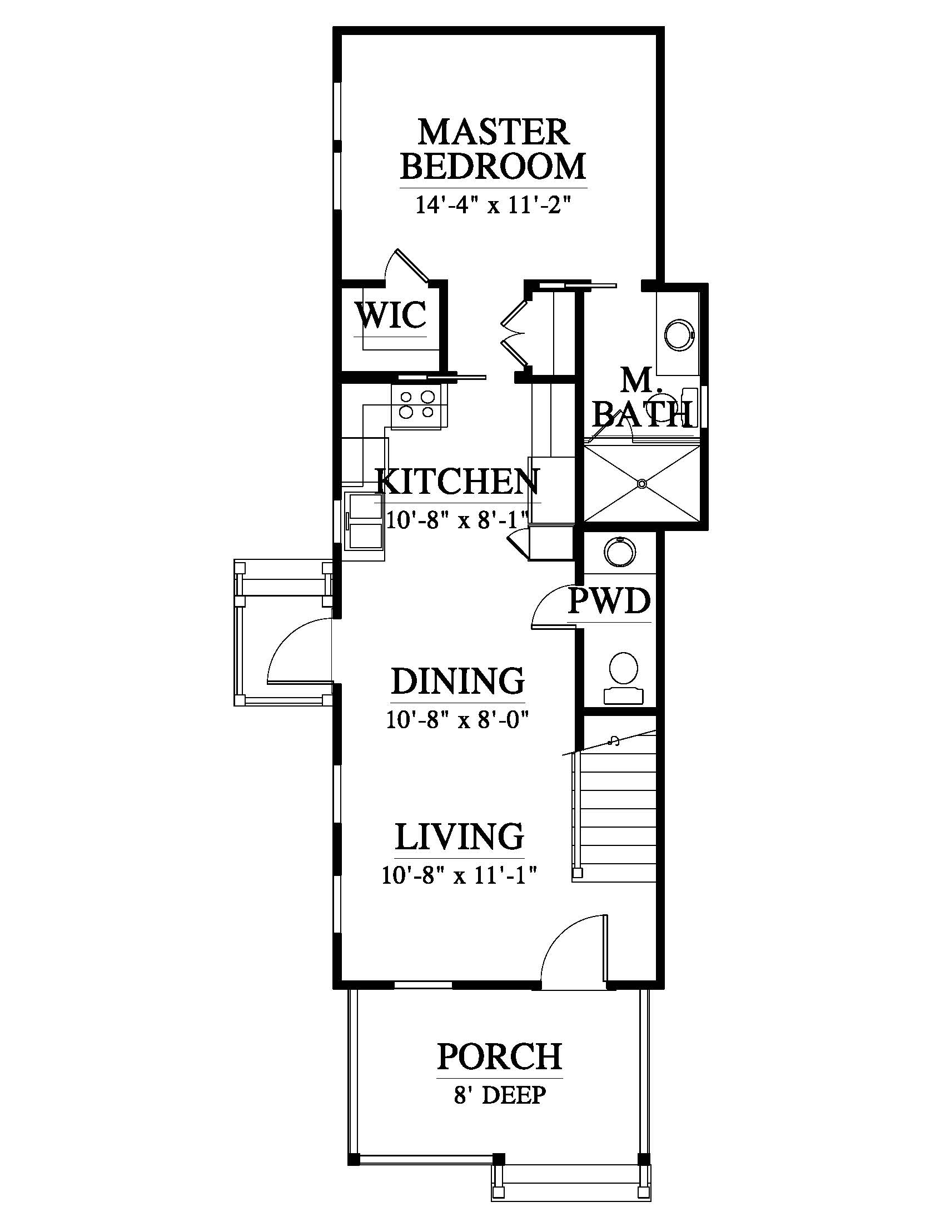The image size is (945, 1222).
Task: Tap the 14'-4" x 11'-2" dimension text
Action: (x=493, y=205)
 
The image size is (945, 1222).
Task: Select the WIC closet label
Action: (x=391, y=314)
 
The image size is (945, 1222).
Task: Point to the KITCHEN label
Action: (x=457, y=482)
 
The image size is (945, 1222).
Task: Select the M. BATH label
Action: (x=641, y=398)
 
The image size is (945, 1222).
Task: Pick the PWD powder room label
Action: (x=609, y=601)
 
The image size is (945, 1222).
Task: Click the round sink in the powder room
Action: (x=620, y=553)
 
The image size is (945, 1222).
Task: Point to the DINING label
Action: (x=457, y=681)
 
